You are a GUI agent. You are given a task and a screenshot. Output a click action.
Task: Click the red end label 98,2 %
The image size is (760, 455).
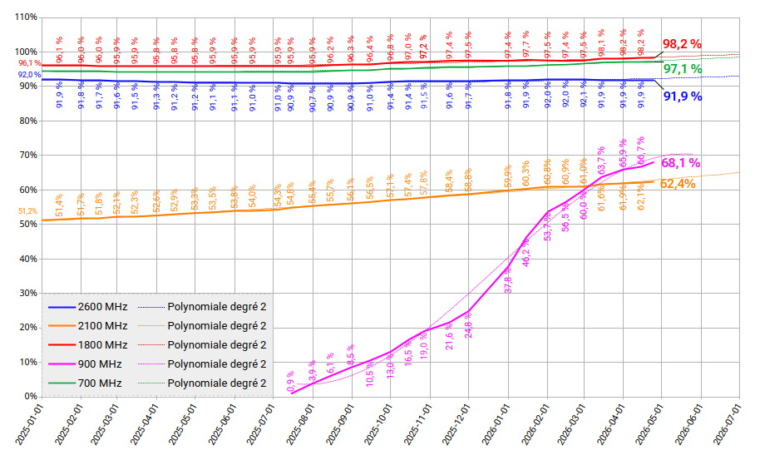click(682, 44)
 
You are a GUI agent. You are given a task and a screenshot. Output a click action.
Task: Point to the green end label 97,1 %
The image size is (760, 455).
click(682, 68)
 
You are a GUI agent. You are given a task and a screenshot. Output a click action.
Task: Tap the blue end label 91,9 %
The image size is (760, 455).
click(682, 96)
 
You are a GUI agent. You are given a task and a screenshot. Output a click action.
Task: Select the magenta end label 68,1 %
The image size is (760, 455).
click(680, 163)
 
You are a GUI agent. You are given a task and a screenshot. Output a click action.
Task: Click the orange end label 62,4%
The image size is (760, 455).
click(678, 184)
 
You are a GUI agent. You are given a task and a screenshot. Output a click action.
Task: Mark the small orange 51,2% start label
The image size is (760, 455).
click(28, 211)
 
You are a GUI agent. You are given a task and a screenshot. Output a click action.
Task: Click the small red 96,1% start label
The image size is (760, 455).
click(29, 63)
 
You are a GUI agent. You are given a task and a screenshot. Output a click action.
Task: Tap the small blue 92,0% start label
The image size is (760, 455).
click(29, 75)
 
